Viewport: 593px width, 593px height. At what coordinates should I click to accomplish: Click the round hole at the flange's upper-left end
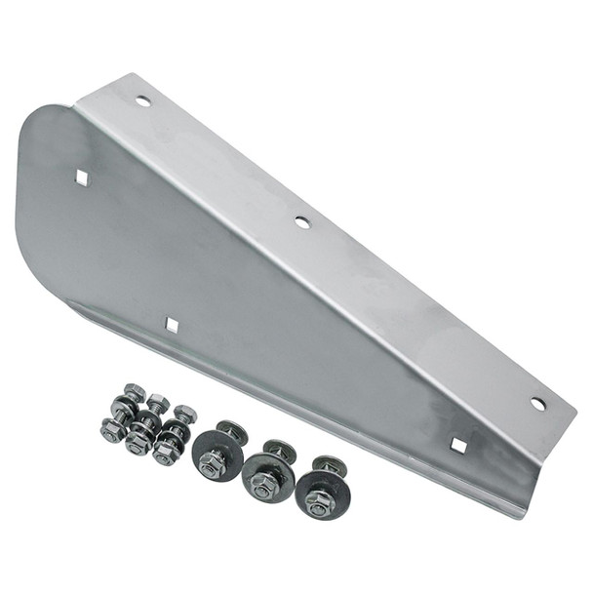143,100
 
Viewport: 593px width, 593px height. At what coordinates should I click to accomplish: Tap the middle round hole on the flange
302,222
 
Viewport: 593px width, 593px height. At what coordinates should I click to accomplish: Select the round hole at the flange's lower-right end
537,403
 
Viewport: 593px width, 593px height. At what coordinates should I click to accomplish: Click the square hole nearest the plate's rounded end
83,178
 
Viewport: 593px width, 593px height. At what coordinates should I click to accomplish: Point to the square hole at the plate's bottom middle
172,325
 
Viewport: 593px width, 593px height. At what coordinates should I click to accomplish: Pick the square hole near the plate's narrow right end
457,445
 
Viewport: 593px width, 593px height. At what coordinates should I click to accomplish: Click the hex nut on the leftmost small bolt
111,430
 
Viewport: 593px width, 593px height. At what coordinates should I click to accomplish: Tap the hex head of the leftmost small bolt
135,392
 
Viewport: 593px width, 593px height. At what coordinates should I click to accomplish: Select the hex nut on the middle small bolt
138,444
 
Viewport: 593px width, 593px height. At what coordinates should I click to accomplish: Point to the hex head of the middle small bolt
159,403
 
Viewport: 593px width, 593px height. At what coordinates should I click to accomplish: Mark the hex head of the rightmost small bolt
185,415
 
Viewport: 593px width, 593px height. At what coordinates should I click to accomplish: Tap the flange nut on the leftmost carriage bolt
211,463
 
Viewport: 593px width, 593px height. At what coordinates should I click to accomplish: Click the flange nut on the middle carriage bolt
262,483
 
